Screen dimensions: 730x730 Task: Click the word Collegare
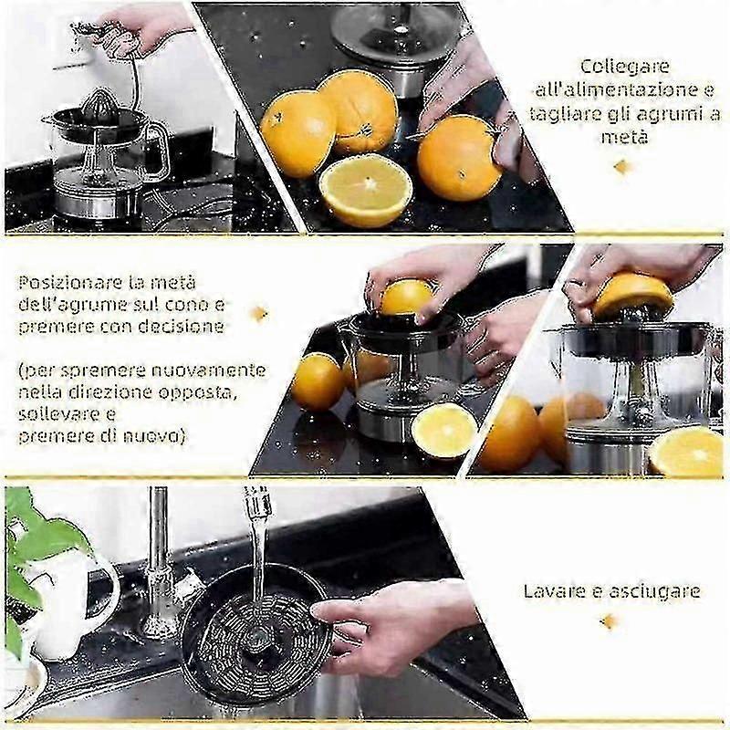click(x=625, y=66)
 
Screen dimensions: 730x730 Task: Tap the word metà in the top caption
click(x=624, y=137)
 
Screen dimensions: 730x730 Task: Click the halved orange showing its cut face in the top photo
click(x=366, y=190)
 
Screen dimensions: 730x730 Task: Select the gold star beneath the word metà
click(x=622, y=167)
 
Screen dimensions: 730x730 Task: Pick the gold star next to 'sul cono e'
click(x=259, y=314)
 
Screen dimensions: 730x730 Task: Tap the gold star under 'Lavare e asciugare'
click(x=609, y=621)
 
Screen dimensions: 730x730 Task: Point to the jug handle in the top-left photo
click(x=158, y=148)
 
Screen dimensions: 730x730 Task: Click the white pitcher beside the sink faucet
click(x=70, y=605)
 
